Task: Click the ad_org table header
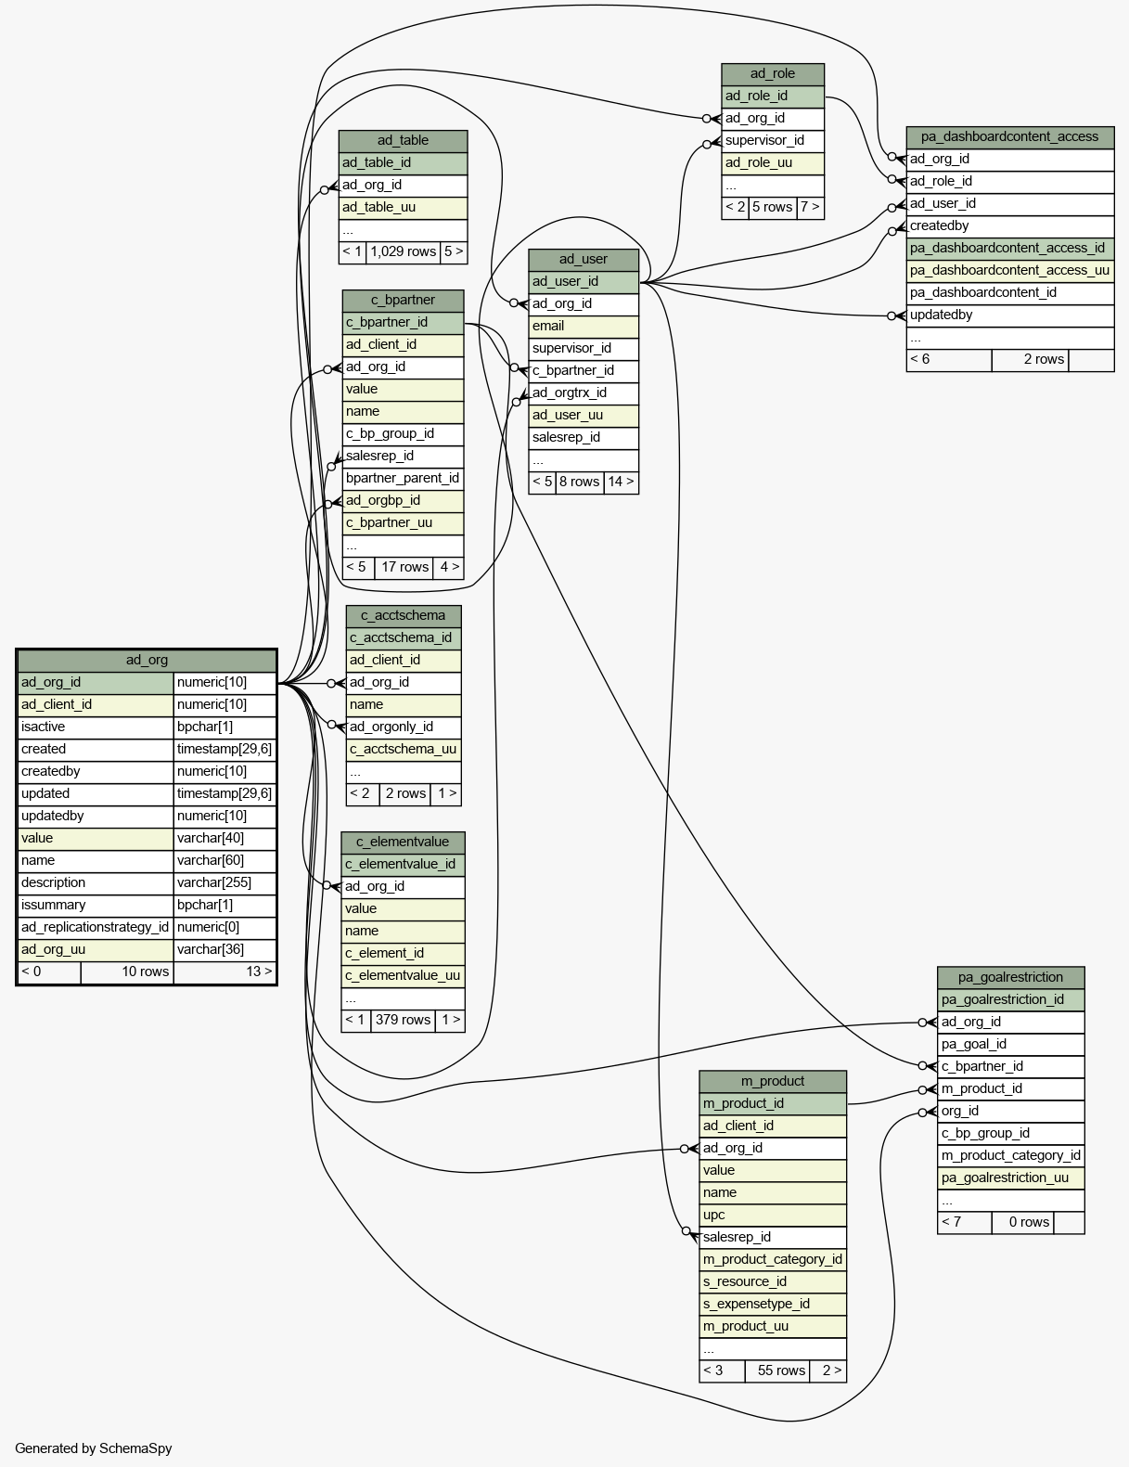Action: pyautogui.click(x=147, y=661)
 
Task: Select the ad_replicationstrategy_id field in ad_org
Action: pyautogui.click(x=96, y=927)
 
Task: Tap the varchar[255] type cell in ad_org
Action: pyautogui.click(x=225, y=882)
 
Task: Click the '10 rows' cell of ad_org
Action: pyautogui.click(x=127, y=972)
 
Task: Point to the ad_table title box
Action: pyautogui.click(x=403, y=140)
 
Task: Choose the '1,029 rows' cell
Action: pyautogui.click(x=403, y=251)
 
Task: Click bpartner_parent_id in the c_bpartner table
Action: pyautogui.click(x=403, y=478)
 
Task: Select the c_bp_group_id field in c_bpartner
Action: pyautogui.click(x=403, y=433)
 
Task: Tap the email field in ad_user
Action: pyautogui.click(x=584, y=326)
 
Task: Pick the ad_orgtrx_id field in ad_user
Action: pyautogui.click(x=584, y=392)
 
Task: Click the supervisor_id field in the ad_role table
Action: pyautogui.click(x=772, y=140)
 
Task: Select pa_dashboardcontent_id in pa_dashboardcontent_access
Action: pyautogui.click(x=1009, y=292)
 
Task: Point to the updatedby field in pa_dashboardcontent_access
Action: pyautogui.click(x=1009, y=315)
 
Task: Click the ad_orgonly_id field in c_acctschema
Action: pyautogui.click(x=404, y=727)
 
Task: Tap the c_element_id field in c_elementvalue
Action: pyautogui.click(x=403, y=953)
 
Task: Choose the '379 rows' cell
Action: pyautogui.click(x=403, y=1020)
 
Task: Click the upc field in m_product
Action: pyautogui.click(x=772, y=1215)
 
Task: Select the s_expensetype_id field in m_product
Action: pyautogui.click(x=772, y=1304)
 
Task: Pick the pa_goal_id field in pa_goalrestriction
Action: pyautogui.click(x=1010, y=1045)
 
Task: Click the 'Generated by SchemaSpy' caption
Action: pyautogui.click(x=93, y=1448)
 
